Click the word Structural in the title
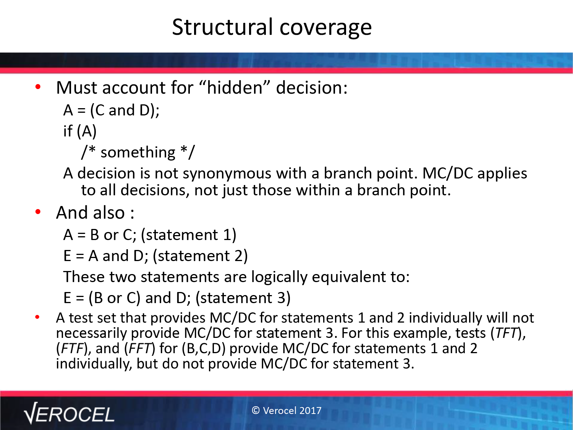tap(222, 27)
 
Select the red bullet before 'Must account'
tap(38, 87)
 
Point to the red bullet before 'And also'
tap(38, 212)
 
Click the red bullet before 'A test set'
tap(37, 317)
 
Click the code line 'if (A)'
tap(80, 131)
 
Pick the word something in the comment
tap(138, 152)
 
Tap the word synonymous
tap(227, 174)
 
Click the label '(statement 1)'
tap(188, 234)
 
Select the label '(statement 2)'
tap(200, 256)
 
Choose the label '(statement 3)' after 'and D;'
tap(243, 298)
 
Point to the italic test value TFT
tap(506, 333)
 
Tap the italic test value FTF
tap(72, 348)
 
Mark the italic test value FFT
tap(140, 348)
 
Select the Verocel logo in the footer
tap(69, 413)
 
